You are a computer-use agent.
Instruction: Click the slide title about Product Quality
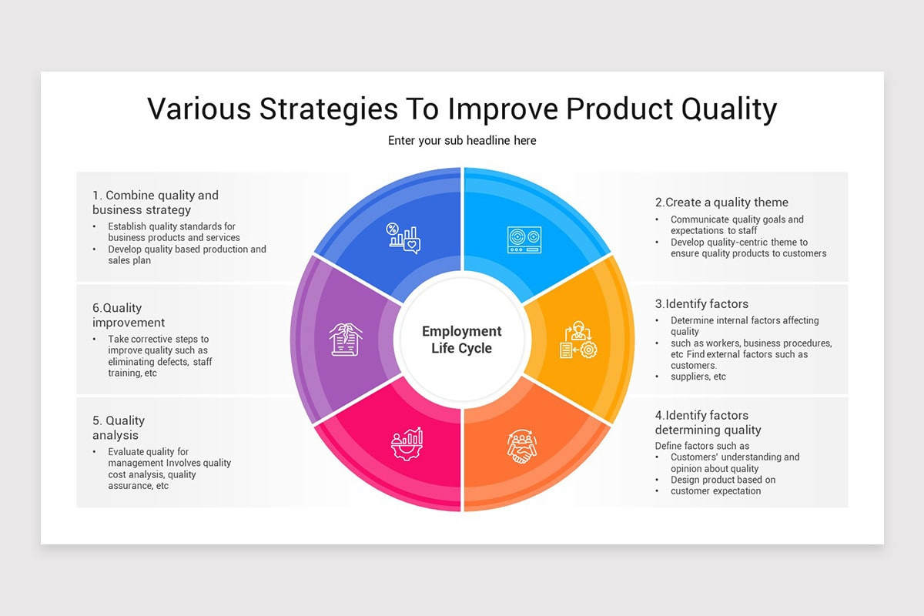pyautogui.click(x=462, y=109)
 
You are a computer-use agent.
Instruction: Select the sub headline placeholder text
pyautogui.click(x=462, y=140)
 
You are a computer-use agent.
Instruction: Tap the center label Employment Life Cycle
pyautogui.click(x=462, y=340)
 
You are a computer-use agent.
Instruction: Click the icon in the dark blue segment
pyautogui.click(x=404, y=238)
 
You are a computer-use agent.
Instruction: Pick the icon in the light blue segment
pyautogui.click(x=524, y=239)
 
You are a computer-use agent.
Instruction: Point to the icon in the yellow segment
pyautogui.click(x=578, y=340)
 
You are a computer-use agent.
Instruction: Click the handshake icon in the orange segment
pyautogui.click(x=522, y=446)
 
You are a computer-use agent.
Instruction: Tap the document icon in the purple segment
pyautogui.click(x=346, y=340)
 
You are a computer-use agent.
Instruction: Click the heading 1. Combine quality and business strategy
pyautogui.click(x=156, y=203)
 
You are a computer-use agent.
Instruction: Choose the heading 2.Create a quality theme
pyautogui.click(x=721, y=203)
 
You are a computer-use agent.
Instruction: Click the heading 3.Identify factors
pyautogui.click(x=701, y=304)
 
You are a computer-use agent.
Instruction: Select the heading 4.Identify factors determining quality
pyautogui.click(x=708, y=423)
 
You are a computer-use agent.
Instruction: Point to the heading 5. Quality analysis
pyautogui.click(x=119, y=428)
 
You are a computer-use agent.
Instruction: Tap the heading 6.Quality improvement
pyautogui.click(x=129, y=315)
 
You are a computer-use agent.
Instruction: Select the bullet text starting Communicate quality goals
pyautogui.click(x=737, y=225)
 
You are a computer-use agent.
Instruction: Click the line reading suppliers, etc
pyautogui.click(x=698, y=377)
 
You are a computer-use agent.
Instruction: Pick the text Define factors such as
pyautogui.click(x=702, y=446)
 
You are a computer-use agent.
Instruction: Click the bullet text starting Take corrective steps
pyautogui.click(x=159, y=356)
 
